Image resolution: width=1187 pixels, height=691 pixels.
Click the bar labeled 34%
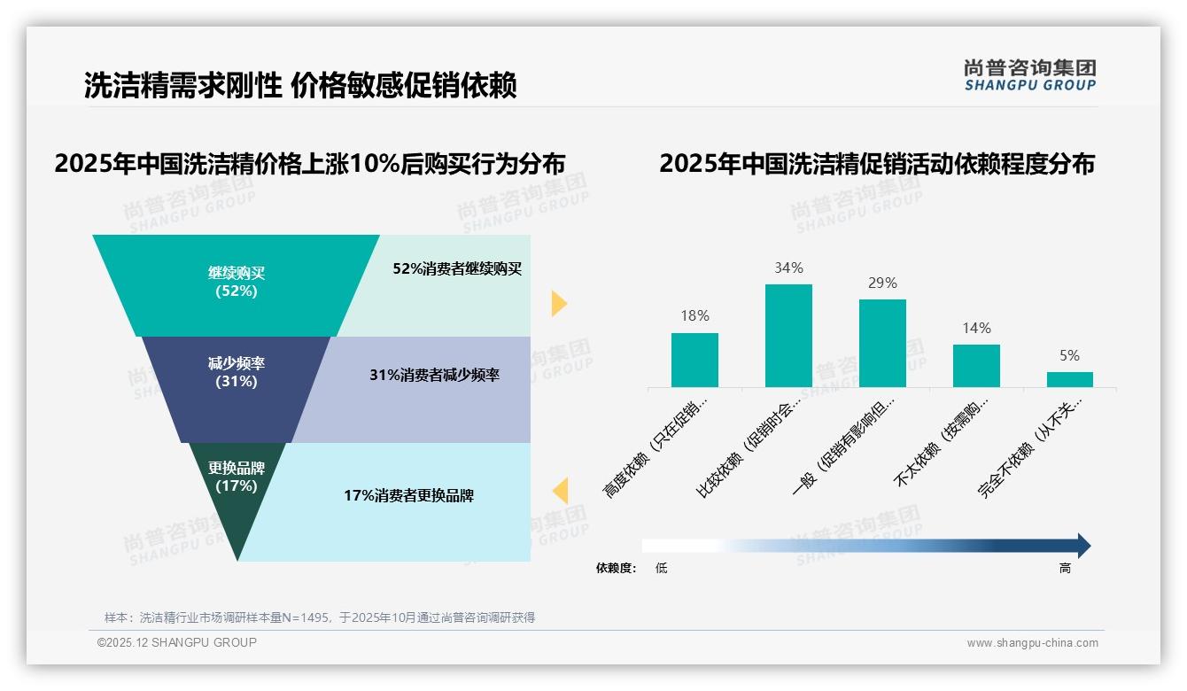point(788,335)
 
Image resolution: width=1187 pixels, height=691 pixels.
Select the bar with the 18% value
point(694,360)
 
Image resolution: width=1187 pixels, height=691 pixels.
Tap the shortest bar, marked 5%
point(1069,379)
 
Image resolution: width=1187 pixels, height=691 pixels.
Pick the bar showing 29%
point(882,343)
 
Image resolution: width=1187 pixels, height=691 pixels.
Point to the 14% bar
point(976,365)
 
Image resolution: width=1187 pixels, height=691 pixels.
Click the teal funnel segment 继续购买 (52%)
point(236,283)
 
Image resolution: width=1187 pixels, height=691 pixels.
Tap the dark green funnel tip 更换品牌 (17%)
point(237,483)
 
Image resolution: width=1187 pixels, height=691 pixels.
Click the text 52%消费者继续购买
point(457,269)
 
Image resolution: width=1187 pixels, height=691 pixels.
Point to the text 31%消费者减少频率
point(434,376)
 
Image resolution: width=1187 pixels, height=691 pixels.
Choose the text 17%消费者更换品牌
point(408,496)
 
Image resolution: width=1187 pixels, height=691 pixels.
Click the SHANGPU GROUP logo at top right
point(1029,75)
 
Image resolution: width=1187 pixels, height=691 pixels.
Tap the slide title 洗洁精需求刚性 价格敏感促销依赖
point(300,86)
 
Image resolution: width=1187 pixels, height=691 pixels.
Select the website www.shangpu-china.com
point(1032,643)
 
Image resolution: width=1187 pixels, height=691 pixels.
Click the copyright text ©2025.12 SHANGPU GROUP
point(177,642)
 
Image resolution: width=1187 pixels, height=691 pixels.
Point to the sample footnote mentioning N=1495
point(320,617)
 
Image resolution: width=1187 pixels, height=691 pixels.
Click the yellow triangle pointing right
point(558,303)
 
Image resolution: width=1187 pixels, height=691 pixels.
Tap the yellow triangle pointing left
point(561,491)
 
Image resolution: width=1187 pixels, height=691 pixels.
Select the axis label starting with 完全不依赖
point(1029,459)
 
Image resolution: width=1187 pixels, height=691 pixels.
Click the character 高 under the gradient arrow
point(1065,568)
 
